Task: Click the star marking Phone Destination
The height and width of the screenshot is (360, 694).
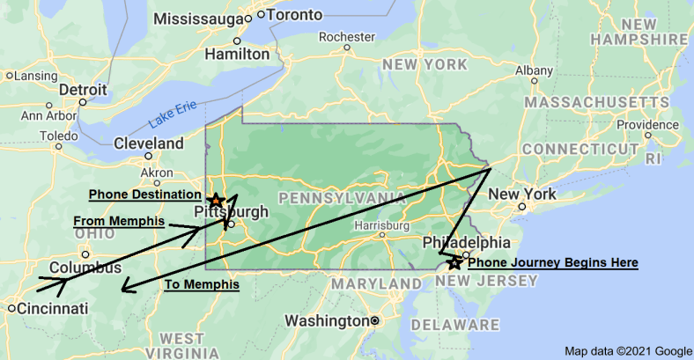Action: point(216,201)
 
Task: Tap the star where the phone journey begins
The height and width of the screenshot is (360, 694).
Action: point(454,262)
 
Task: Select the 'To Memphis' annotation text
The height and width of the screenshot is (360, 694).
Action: point(202,284)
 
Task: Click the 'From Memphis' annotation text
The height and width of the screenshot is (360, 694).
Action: point(118,221)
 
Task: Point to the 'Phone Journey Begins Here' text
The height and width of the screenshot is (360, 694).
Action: point(552,262)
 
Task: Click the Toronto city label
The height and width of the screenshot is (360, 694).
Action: point(294,15)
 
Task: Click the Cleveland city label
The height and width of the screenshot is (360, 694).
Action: point(149,143)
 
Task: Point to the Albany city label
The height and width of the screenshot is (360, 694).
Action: point(534,70)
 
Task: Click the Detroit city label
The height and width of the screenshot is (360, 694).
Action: point(83,90)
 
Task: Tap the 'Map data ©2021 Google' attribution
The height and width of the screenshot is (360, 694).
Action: point(628,351)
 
